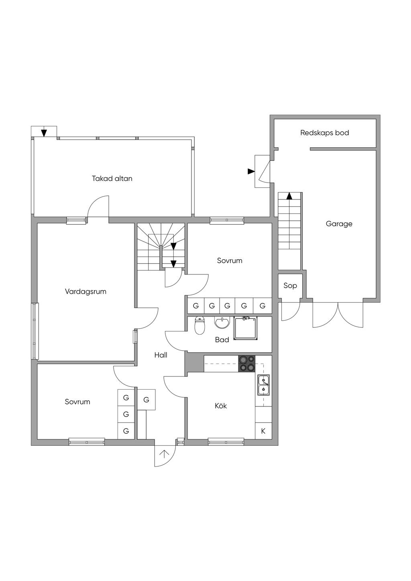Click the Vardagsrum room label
(85, 291)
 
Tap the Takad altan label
(112, 178)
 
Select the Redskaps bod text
(324, 133)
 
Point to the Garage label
(339, 224)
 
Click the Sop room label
(290, 286)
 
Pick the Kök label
(221, 406)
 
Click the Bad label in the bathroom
(222, 340)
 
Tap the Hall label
(161, 355)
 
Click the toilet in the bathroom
(199, 326)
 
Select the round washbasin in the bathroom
(222, 323)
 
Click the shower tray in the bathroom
(245, 328)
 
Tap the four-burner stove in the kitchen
(247, 363)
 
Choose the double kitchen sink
(263, 385)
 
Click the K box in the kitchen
(263, 431)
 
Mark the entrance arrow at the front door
(164, 455)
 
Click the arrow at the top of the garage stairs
(289, 196)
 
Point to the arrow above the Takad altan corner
(43, 132)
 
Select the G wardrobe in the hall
(146, 400)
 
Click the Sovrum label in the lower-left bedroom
(77, 402)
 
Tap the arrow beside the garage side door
(251, 171)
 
